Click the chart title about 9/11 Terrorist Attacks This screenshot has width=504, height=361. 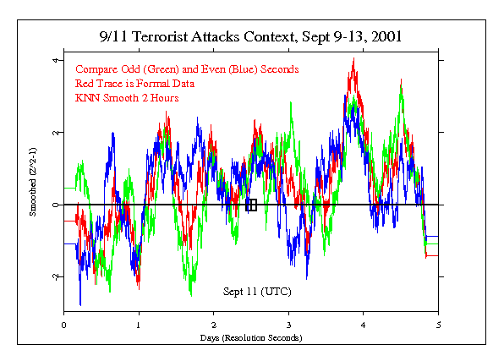point(251,37)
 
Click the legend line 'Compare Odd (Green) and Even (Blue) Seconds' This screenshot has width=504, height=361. point(186,68)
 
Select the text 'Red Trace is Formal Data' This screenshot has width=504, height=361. point(135,83)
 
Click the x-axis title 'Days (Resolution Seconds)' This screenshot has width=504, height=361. point(251,337)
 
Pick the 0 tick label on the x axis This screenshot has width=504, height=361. point(64,324)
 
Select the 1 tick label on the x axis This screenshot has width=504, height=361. point(139,324)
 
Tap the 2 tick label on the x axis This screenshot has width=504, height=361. point(214,324)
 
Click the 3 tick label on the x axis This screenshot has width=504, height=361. point(289,324)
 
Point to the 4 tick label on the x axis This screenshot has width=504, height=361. point(364,324)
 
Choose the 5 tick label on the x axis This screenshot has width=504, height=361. point(439,324)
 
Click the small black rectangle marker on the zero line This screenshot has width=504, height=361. point(251,205)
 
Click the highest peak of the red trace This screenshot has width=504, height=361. point(353,59)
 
